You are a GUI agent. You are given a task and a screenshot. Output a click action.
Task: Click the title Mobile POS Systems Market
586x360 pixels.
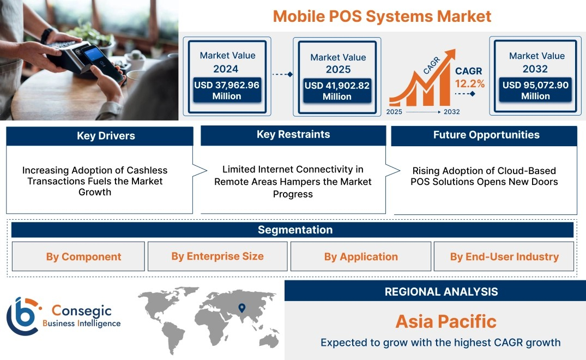[382, 16]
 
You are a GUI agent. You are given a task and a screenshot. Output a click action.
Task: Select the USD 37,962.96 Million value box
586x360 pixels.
[227, 90]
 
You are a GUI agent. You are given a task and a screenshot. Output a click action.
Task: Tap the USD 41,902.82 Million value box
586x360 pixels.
[337, 91]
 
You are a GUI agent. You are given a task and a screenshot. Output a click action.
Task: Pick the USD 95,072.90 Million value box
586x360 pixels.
[535, 90]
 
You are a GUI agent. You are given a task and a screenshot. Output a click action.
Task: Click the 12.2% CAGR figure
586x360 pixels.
[470, 83]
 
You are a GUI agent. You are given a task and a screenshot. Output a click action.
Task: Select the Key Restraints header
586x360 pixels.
[293, 135]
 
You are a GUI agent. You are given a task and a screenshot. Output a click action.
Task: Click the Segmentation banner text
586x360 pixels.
[295, 230]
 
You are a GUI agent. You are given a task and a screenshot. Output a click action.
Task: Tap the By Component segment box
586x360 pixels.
[78, 256]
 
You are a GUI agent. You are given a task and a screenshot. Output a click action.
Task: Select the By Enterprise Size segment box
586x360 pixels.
[218, 256]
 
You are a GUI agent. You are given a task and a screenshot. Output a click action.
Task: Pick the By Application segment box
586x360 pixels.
[361, 256]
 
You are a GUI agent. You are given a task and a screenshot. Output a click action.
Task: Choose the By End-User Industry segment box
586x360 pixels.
[504, 256]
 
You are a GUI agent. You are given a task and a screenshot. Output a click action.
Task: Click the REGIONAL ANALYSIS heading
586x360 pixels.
[442, 292]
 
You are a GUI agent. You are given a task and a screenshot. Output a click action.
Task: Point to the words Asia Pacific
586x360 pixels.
[446, 321]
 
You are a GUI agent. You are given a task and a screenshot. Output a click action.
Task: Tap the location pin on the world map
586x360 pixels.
[242, 308]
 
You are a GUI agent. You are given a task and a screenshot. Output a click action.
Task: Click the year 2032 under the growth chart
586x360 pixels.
[451, 112]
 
